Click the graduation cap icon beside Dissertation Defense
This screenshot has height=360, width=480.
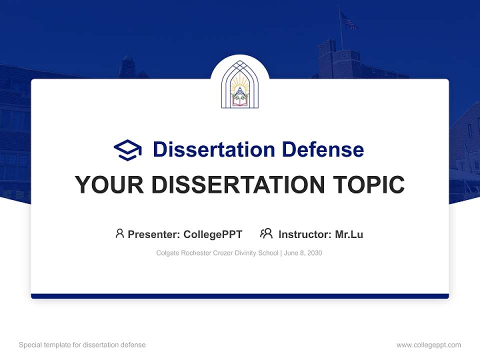tap(127, 149)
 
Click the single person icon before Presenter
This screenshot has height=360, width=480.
tap(119, 233)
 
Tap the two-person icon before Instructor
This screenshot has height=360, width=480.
tap(266, 233)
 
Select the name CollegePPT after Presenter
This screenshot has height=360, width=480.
tap(213, 234)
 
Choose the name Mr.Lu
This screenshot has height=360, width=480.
tap(349, 234)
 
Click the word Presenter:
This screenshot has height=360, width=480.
tap(154, 234)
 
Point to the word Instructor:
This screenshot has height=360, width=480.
tap(304, 234)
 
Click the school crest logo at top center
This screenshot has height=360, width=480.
tap(240, 84)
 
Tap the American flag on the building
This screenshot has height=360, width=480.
tap(348, 21)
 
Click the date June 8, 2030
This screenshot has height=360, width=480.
tap(303, 253)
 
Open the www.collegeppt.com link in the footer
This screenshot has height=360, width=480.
tap(428, 345)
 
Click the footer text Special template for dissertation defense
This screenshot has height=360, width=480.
tap(82, 345)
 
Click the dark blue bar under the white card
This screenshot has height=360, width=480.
tap(240, 296)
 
